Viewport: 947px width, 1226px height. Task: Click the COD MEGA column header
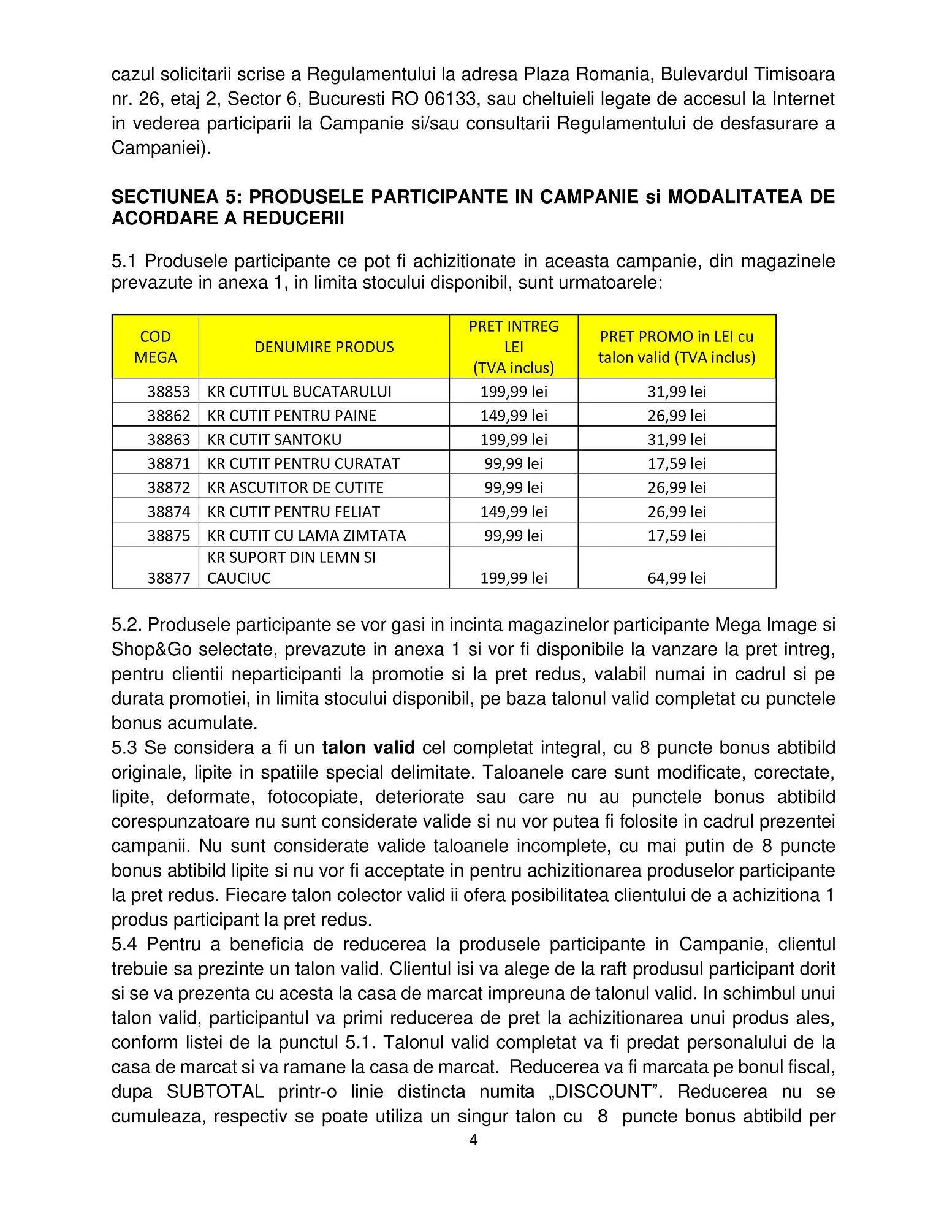point(155,347)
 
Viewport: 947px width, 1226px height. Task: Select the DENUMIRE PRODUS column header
point(324,347)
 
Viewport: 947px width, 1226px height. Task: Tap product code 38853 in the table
point(169,392)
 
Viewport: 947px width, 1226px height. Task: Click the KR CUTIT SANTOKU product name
point(275,440)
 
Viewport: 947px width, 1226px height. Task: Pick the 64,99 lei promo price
point(677,578)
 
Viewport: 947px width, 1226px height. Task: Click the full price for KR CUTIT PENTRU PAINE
point(514,416)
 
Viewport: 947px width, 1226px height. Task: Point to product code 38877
point(169,578)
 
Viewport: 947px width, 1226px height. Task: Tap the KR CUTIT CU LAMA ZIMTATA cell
point(306,535)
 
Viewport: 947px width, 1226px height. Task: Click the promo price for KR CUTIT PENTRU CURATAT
point(677,463)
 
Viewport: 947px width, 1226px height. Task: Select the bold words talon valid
point(368,748)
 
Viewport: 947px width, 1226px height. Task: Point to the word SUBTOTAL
point(216,1092)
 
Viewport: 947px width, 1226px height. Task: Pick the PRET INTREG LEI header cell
point(514,347)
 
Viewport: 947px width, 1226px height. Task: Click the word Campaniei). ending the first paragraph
point(161,148)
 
